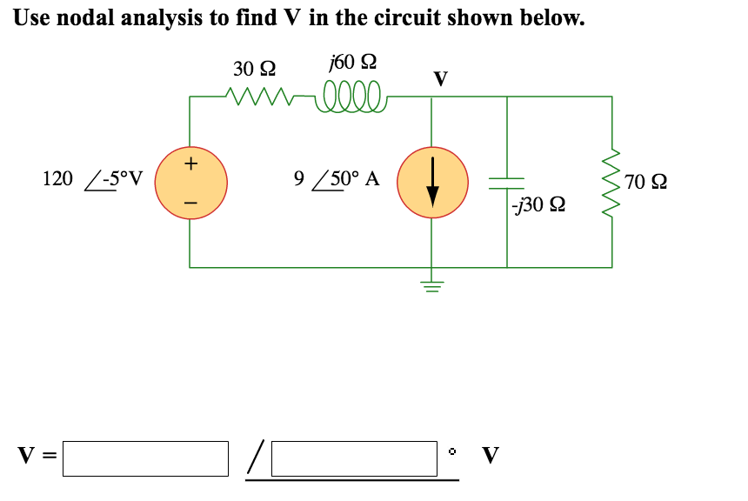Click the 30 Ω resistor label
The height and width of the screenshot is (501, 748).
pyautogui.click(x=254, y=68)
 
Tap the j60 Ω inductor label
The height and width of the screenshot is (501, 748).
pyautogui.click(x=352, y=63)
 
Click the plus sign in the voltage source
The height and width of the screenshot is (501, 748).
pyautogui.click(x=191, y=163)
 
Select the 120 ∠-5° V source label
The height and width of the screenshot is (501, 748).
pyautogui.click(x=93, y=180)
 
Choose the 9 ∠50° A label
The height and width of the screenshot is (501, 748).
pyautogui.click(x=337, y=180)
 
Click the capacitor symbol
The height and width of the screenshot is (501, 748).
pyautogui.click(x=507, y=183)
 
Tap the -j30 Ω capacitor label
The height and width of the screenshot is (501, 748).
pyautogui.click(x=540, y=206)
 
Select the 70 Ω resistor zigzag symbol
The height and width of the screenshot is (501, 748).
pyautogui.click(x=611, y=183)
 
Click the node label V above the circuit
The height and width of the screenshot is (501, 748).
pyautogui.click(x=440, y=80)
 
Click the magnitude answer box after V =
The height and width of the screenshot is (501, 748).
pyautogui.click(x=145, y=458)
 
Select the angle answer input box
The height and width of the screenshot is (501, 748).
pyautogui.click(x=354, y=458)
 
